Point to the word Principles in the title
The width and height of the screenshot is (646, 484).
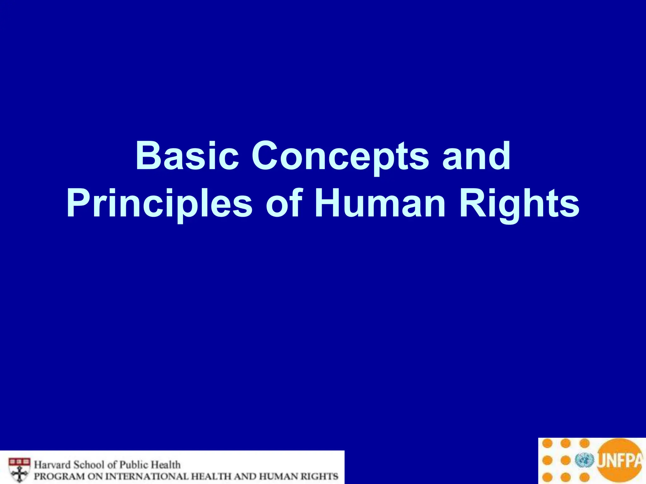(159, 203)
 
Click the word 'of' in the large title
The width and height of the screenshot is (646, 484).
(284, 203)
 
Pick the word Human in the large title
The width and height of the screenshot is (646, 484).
(380, 203)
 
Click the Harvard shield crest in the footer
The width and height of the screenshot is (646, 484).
(20, 470)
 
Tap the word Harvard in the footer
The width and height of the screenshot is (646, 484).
(52, 465)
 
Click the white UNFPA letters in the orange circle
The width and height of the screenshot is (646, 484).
(620, 460)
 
